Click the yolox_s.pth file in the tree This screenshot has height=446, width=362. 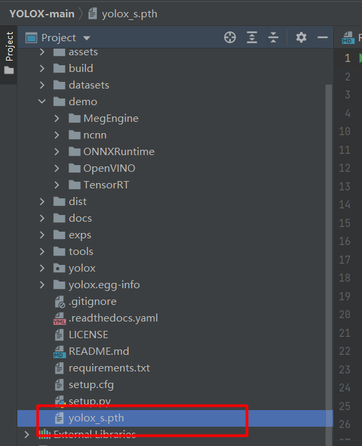tap(96, 418)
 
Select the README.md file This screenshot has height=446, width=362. tap(99, 351)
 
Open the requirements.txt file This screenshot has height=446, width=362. tap(109, 368)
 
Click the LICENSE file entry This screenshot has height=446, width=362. tap(88, 335)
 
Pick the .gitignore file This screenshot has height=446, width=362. tap(93, 302)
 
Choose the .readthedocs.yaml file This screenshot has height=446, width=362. tap(113, 318)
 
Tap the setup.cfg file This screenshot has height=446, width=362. tap(91, 385)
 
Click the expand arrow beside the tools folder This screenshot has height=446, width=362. tap(42, 252)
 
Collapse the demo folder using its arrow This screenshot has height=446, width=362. tap(42, 102)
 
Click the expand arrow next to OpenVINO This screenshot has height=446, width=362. tap(57, 168)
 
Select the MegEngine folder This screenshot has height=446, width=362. tap(111, 118)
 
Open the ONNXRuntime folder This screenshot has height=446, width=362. tap(119, 152)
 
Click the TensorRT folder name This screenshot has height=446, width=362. tap(106, 185)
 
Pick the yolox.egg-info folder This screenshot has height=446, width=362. tap(104, 285)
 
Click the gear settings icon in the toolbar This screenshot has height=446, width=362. tap(301, 37)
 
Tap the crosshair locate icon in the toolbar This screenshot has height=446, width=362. tap(230, 37)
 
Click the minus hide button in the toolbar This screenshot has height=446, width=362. tap(323, 37)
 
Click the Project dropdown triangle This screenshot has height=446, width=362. tap(87, 38)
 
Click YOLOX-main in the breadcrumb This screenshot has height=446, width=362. tap(42, 14)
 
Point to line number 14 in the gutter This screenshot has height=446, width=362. tap(345, 205)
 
